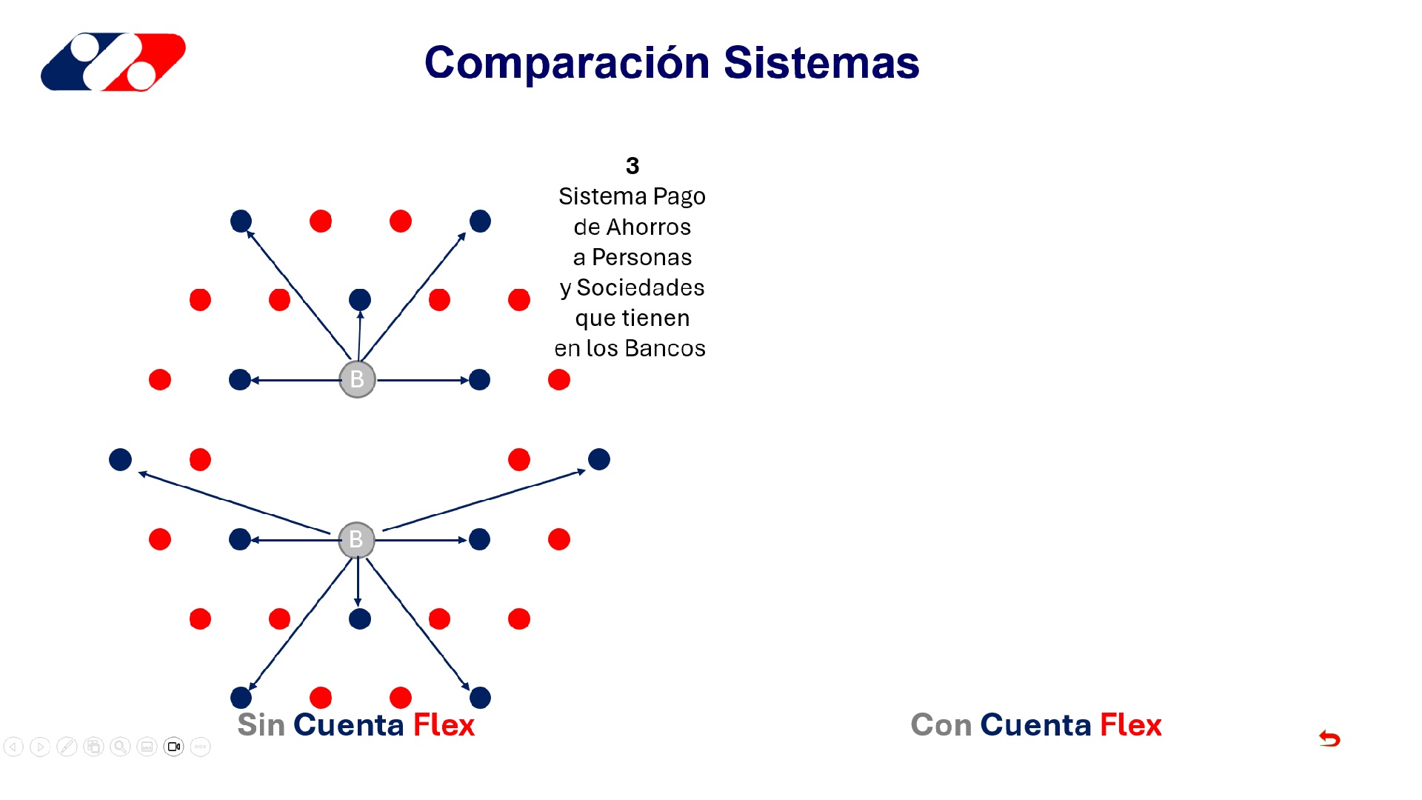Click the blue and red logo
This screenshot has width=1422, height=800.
click(113, 62)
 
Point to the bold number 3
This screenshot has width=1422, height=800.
click(632, 166)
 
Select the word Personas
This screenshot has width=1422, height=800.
click(641, 258)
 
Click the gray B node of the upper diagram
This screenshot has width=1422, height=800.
click(357, 379)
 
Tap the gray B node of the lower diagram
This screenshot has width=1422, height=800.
click(356, 540)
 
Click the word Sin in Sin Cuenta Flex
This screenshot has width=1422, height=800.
click(261, 725)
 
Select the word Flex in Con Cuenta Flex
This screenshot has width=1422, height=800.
click(1130, 725)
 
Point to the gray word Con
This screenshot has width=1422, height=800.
click(941, 725)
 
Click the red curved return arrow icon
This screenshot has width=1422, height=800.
click(1329, 739)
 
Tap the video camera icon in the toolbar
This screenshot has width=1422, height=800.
click(174, 747)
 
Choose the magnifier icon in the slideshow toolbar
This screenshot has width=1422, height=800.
click(120, 747)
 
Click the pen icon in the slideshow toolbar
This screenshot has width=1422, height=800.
click(67, 747)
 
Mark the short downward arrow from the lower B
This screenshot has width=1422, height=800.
click(358, 581)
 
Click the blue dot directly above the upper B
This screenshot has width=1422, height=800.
click(360, 300)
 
